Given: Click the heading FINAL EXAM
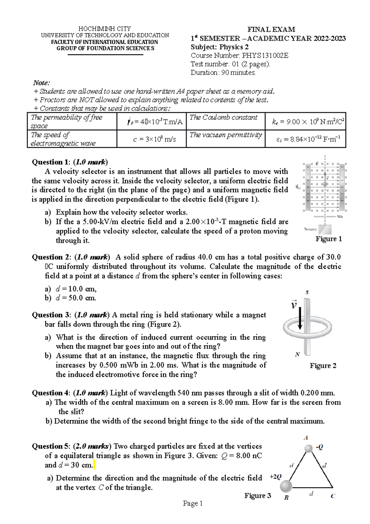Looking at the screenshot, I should pyautogui.click(x=271, y=30).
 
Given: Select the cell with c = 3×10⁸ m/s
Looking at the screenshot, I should pyautogui.click(x=151, y=139).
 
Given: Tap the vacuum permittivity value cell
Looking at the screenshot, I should pyautogui.click(x=305, y=139).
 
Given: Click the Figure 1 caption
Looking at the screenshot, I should pyautogui.click(x=329, y=239).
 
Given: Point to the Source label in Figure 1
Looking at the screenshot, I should pyautogui.click(x=310, y=229).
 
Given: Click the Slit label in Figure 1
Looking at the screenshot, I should pyautogui.click(x=340, y=217).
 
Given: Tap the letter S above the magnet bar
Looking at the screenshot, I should pyautogui.click(x=307, y=292).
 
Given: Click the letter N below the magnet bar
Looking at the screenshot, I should pyautogui.click(x=298, y=355).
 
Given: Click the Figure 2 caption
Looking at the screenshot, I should pyautogui.click(x=323, y=366).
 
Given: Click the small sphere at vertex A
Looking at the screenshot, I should pyautogui.click(x=308, y=448).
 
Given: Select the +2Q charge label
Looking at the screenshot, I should pyautogui.click(x=275, y=477).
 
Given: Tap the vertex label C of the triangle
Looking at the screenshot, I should pyautogui.click(x=333, y=496).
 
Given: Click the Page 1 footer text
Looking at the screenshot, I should pyautogui.click(x=193, y=504).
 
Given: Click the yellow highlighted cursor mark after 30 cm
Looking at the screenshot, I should pyautogui.click(x=94, y=465).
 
